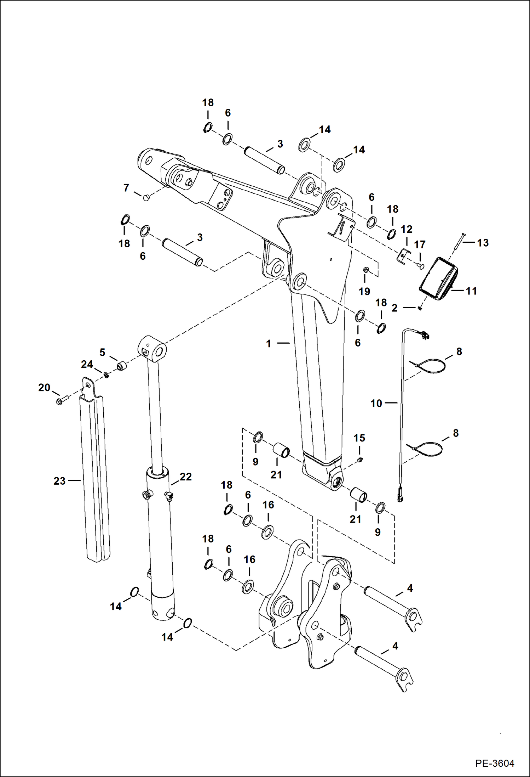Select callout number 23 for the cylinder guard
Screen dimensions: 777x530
click(x=59, y=481)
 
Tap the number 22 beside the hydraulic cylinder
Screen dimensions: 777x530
click(x=186, y=477)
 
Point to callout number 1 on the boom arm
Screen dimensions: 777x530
click(x=269, y=343)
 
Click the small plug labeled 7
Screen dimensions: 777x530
click(x=146, y=198)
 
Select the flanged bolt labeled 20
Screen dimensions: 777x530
click(x=59, y=401)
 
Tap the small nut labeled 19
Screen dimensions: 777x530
click(x=367, y=270)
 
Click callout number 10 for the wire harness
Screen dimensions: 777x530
click(x=376, y=403)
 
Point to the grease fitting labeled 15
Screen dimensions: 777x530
click(x=360, y=460)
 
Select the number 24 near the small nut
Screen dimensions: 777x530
click(x=87, y=364)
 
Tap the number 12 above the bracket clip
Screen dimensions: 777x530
click(x=407, y=229)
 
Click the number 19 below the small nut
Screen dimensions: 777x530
click(x=364, y=291)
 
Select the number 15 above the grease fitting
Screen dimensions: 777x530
click(x=359, y=438)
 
